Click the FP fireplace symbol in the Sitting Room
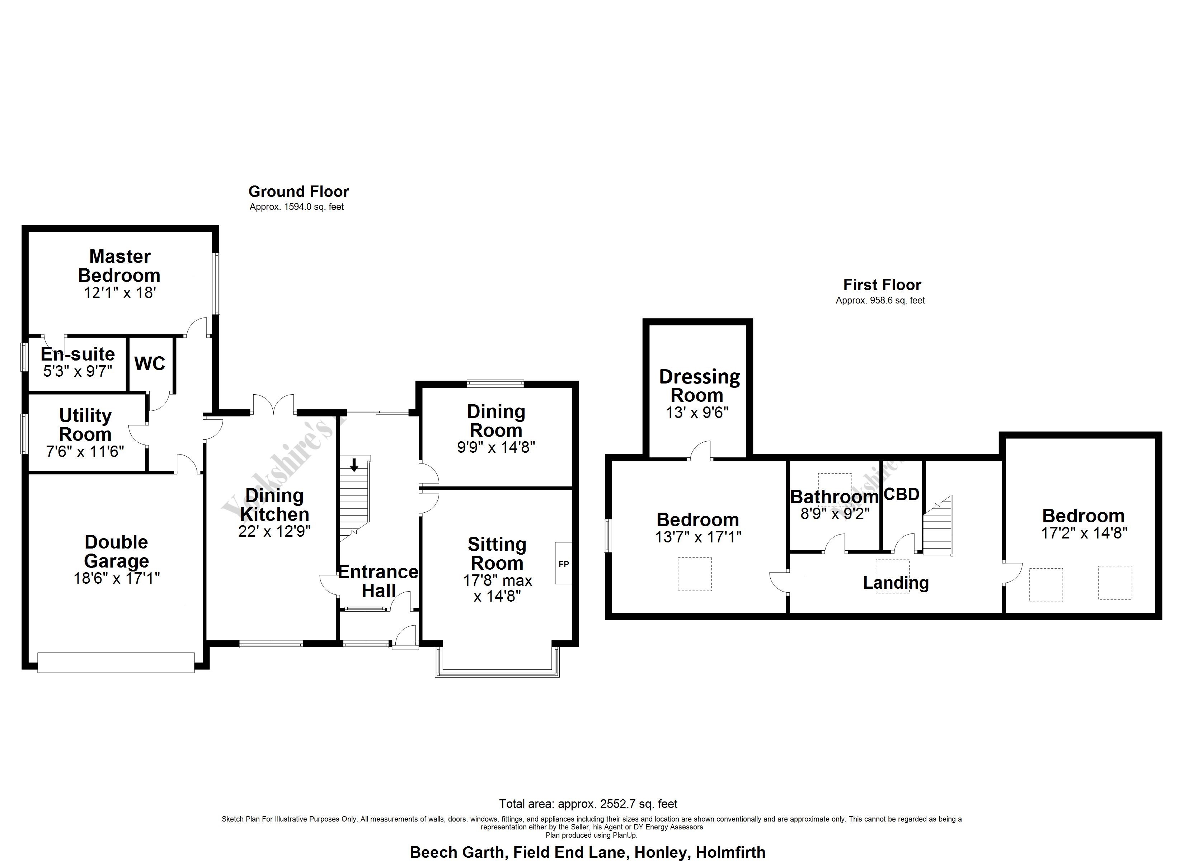point(563,564)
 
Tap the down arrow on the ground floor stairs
point(354,465)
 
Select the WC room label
point(150,364)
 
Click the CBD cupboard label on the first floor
point(902,494)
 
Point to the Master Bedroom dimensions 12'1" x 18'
point(120,293)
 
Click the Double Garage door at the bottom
point(116,662)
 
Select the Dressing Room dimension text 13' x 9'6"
point(697,413)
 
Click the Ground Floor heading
point(299,192)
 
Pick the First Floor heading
point(882,285)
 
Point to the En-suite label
point(78,354)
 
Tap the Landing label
point(896,583)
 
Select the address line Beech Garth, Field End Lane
point(587,853)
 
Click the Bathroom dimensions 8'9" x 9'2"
point(835,514)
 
